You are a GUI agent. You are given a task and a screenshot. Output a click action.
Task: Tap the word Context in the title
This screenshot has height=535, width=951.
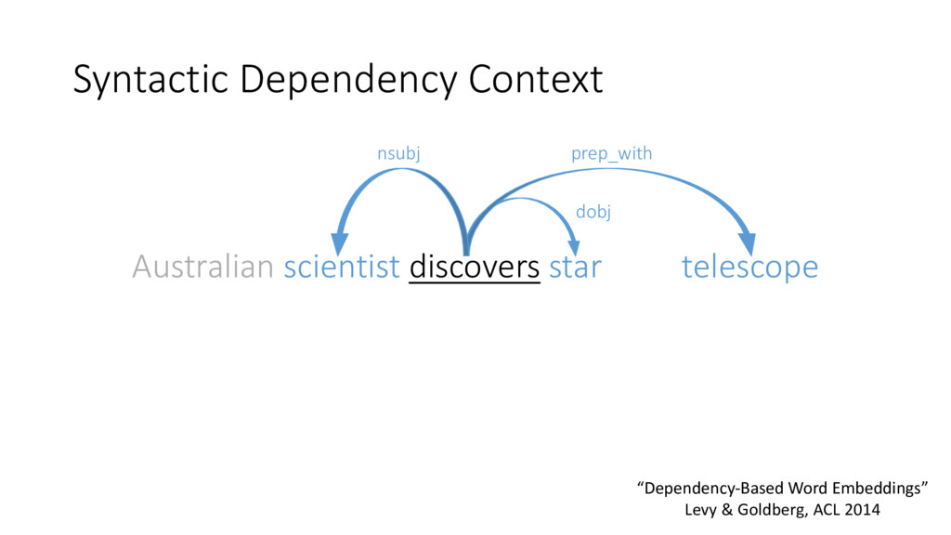point(536,80)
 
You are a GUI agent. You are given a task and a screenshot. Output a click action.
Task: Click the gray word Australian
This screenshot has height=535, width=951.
point(202,267)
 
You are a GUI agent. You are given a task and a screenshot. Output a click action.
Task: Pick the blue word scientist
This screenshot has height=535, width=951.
point(342,267)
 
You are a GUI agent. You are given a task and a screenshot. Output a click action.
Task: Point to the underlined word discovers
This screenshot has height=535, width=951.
point(475,267)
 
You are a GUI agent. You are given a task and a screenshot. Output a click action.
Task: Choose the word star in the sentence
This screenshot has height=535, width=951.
point(575,267)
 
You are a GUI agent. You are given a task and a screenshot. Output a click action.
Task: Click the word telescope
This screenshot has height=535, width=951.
point(749,267)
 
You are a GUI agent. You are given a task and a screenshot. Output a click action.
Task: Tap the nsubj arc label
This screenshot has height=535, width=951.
point(398,154)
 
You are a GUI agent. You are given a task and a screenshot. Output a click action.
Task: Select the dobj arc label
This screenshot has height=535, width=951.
point(593,212)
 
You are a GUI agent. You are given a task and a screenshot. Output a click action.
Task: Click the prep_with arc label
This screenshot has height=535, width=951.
point(611,154)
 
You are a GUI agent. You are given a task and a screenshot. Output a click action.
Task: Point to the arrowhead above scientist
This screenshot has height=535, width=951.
point(340,243)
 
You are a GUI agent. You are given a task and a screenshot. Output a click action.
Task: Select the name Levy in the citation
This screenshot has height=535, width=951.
point(702,510)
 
